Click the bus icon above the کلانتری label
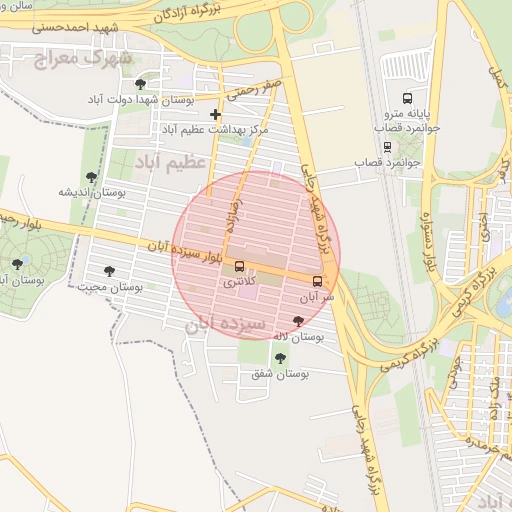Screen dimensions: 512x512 (x=238, y=266)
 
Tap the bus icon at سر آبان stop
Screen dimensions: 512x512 (x=318, y=281)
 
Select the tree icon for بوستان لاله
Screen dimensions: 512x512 (x=297, y=320)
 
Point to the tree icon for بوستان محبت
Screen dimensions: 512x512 (x=109, y=271)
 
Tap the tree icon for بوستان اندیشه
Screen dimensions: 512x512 (x=91, y=177)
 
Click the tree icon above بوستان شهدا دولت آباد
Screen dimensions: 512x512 (x=139, y=84)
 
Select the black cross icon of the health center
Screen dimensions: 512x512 (x=215, y=114)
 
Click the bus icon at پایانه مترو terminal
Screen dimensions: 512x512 (x=407, y=98)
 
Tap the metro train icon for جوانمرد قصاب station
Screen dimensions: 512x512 (x=387, y=144)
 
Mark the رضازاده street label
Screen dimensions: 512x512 (x=234, y=212)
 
